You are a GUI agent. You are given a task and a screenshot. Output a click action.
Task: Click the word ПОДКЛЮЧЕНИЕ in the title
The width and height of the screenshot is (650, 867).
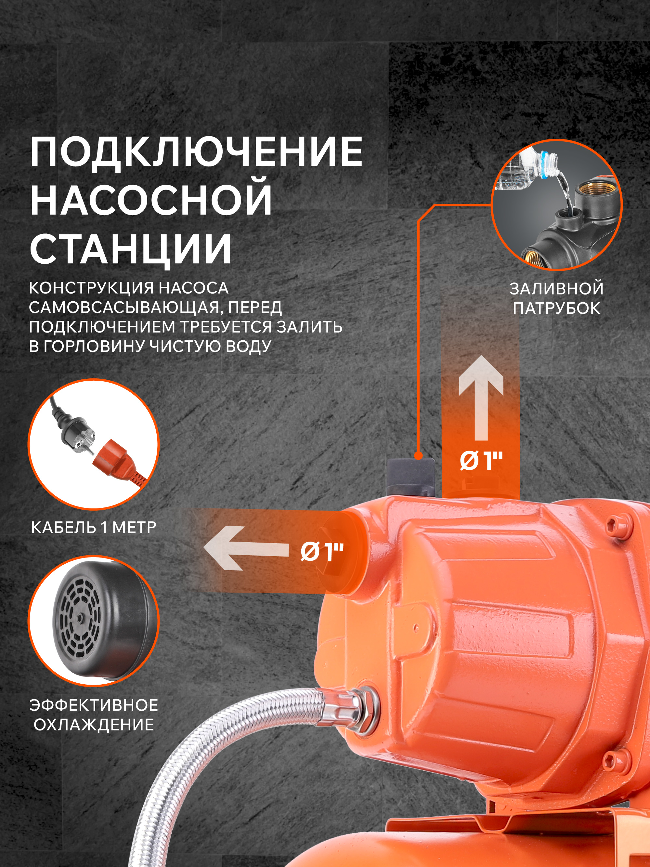[196, 152]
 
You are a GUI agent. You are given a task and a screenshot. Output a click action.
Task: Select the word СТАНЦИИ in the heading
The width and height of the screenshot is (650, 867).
[131, 248]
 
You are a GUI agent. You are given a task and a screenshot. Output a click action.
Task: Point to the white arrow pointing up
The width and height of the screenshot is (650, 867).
[481, 398]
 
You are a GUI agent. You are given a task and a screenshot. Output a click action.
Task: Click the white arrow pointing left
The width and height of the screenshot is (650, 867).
[246, 548]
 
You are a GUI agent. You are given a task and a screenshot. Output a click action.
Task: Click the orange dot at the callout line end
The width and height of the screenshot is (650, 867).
[419, 455]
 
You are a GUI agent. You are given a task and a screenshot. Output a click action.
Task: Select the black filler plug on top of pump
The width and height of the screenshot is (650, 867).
[410, 476]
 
